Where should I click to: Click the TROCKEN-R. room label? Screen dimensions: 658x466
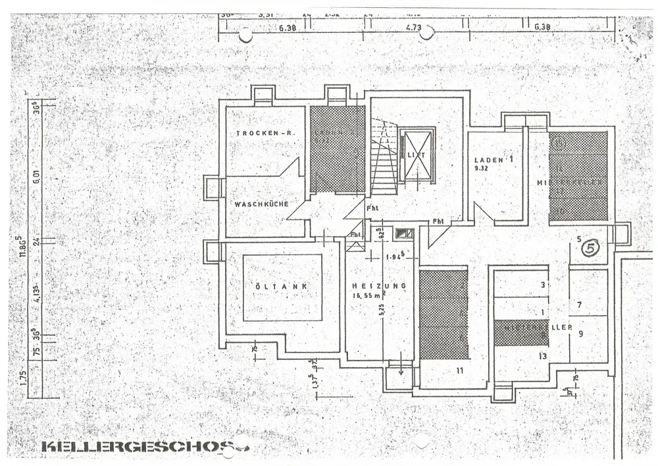pyautogui.click(x=265, y=134)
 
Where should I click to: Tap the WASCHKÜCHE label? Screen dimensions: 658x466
pyautogui.click(x=261, y=204)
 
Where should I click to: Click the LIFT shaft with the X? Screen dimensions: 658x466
pyautogui.click(x=417, y=156)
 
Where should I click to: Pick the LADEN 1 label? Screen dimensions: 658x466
pyautogui.click(x=493, y=160)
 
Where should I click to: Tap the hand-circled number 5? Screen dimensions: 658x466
pyautogui.click(x=591, y=248)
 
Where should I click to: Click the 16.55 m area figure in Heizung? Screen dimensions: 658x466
pyautogui.click(x=367, y=295)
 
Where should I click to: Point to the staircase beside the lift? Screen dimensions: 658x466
pyautogui.click(x=384, y=158)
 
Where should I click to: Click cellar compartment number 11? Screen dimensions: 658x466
pyautogui.click(x=459, y=370)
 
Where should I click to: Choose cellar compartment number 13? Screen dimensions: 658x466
pyautogui.click(x=542, y=357)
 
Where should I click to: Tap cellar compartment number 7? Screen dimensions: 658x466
pyautogui.click(x=579, y=305)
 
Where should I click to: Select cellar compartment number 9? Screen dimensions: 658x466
pyautogui.click(x=581, y=334)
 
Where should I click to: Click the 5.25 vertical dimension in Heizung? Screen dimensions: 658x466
pyautogui.click(x=382, y=310)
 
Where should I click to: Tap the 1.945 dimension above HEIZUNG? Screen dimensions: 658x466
pyautogui.click(x=395, y=256)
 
